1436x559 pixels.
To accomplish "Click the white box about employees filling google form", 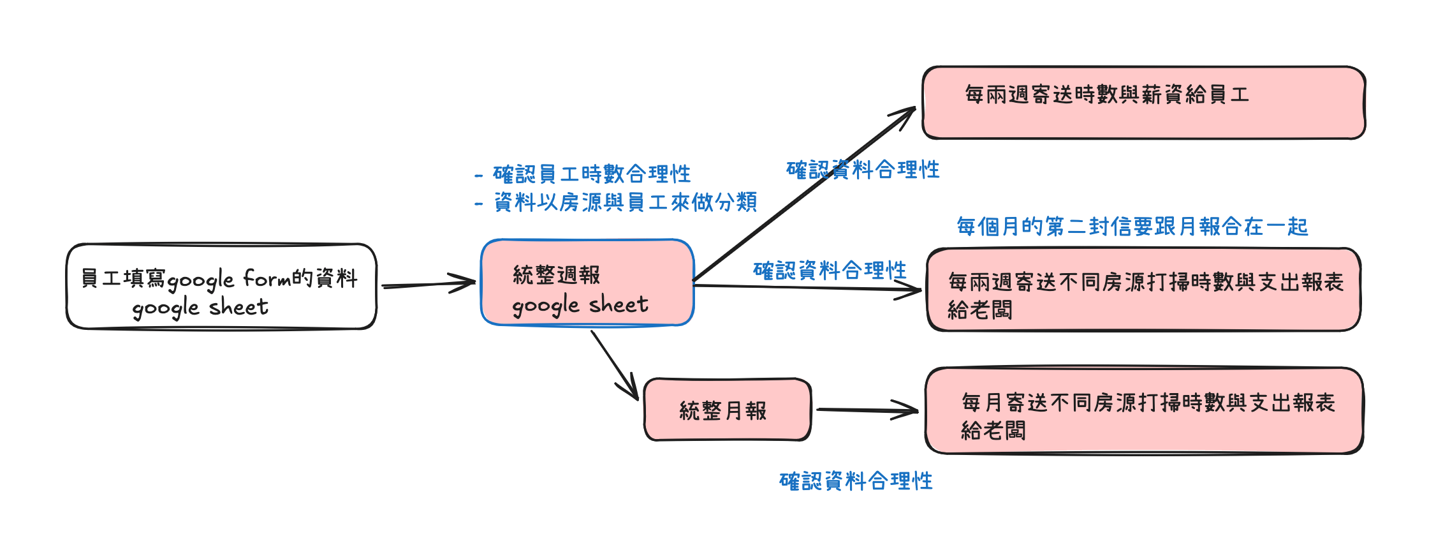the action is [x=221, y=286].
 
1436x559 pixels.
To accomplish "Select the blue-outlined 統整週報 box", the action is [x=587, y=282].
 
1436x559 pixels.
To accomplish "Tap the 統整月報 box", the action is [x=728, y=410].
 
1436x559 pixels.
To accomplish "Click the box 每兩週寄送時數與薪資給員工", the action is [x=1144, y=102].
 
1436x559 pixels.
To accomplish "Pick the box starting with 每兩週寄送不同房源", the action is [x=1144, y=290].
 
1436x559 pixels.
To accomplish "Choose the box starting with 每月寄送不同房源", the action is [x=1144, y=410].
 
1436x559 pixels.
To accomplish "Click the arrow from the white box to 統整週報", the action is [x=429, y=284].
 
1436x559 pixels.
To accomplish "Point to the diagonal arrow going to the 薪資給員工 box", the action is [x=805, y=194].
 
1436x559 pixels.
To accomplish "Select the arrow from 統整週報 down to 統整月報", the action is [x=615, y=365].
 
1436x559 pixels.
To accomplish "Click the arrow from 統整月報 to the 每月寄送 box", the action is [x=868, y=410].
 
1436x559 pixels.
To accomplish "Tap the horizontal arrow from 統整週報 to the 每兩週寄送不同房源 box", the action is [x=808, y=288].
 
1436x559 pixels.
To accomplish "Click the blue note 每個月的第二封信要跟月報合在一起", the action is [x=1132, y=227].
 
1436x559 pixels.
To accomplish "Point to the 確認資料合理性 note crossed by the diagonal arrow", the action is [x=863, y=170].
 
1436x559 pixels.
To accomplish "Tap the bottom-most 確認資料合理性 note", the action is [x=856, y=481].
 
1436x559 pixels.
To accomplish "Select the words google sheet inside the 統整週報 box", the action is [x=580, y=305].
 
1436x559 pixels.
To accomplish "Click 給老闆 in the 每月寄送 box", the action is [x=993, y=431].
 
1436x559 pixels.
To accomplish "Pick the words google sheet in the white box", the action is [x=200, y=308].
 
